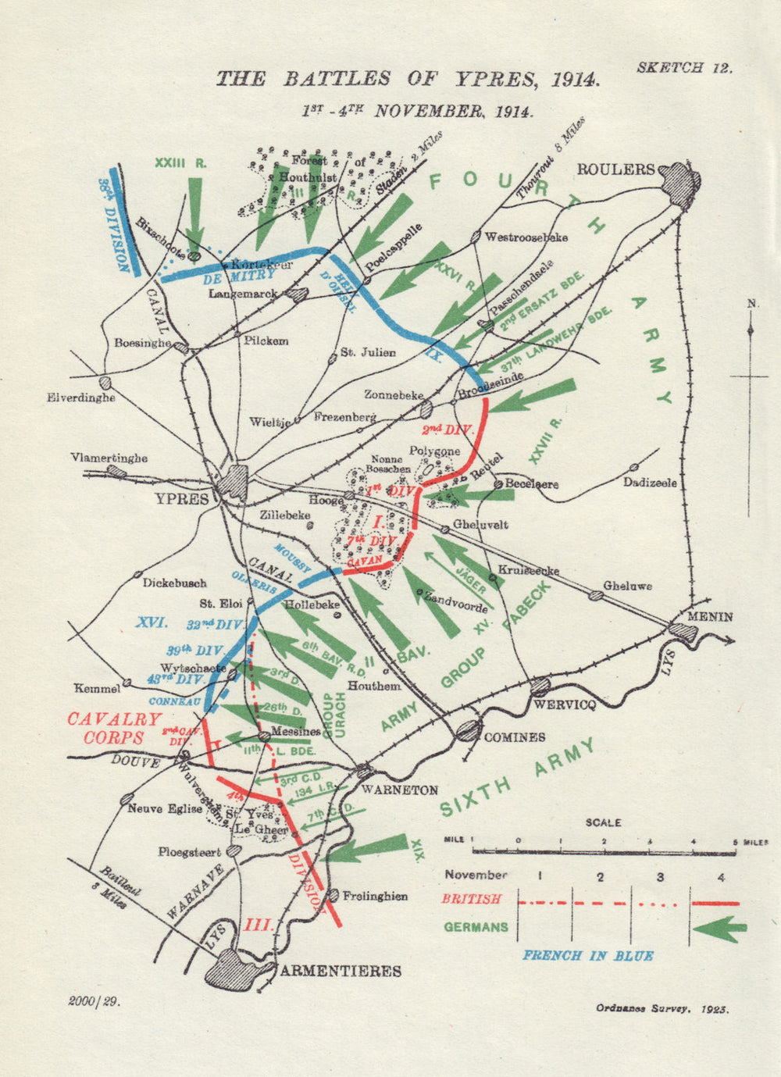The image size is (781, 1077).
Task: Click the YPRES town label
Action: click(184, 499)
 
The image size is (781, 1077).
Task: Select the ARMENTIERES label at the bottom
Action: click(341, 971)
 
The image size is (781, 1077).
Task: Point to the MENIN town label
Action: click(710, 616)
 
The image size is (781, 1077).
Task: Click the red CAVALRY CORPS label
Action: click(114, 729)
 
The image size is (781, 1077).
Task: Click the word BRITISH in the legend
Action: click(471, 899)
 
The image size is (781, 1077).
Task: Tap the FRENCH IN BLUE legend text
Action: click(587, 955)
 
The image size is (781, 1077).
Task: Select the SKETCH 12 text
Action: click(684, 67)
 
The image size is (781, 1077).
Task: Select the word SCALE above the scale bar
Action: click(603, 822)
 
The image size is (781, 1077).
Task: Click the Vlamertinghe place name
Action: click(109, 458)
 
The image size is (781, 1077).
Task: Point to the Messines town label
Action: click(295, 733)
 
